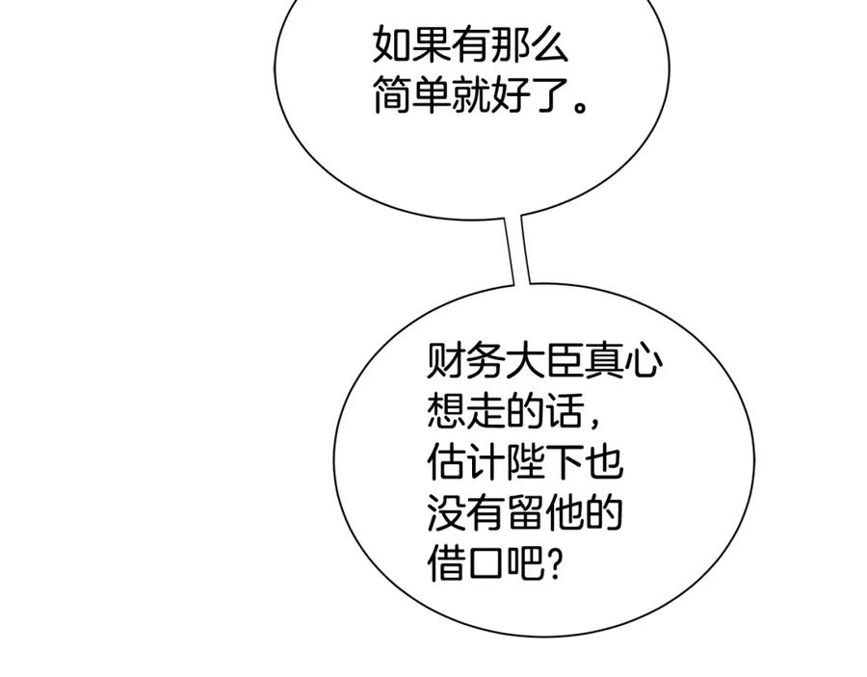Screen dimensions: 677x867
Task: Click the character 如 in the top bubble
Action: pos(391,45)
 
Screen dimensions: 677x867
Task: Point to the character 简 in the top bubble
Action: pos(391,96)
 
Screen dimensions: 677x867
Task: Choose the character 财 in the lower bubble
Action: pos(447,363)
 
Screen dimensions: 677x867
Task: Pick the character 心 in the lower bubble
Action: pos(642,363)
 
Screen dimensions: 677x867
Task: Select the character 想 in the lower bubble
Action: pos(447,414)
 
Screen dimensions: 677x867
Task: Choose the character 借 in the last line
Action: pos(447,564)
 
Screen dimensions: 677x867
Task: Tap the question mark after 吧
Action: pos(553,564)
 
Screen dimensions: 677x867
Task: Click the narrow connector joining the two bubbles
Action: pos(516,250)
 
